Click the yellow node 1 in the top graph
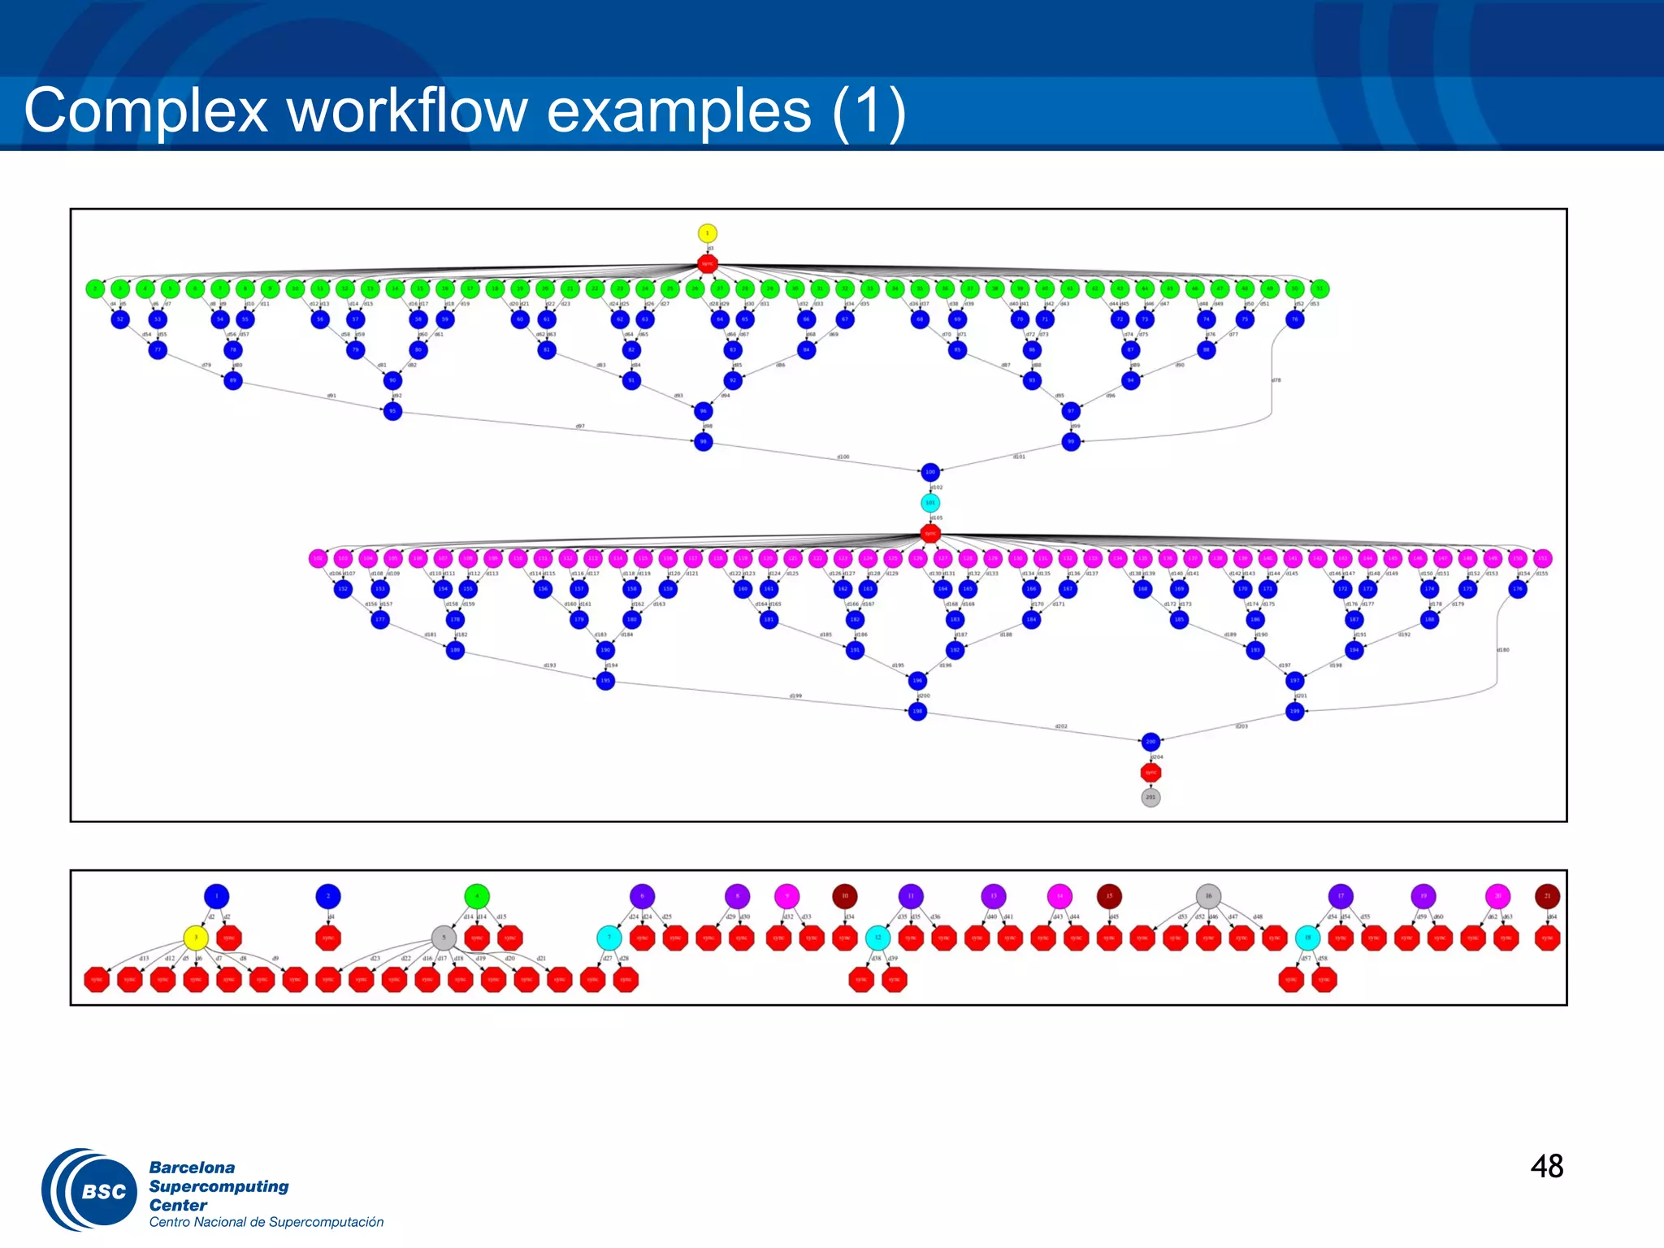707,233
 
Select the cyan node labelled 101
930,503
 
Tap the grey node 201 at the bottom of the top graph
1150,797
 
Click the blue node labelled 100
930,471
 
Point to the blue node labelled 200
1150,741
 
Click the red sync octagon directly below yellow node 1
707,263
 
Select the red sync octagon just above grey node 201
1150,772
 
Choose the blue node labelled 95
392,411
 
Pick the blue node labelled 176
1518,589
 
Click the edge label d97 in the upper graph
580,426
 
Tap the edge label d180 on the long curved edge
1503,650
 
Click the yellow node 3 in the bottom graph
196,938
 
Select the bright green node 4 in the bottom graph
477,896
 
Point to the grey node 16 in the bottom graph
1208,896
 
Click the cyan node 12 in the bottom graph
877,938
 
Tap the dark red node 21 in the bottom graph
1547,896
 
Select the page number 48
1546,1167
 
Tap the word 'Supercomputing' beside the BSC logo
219,1186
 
